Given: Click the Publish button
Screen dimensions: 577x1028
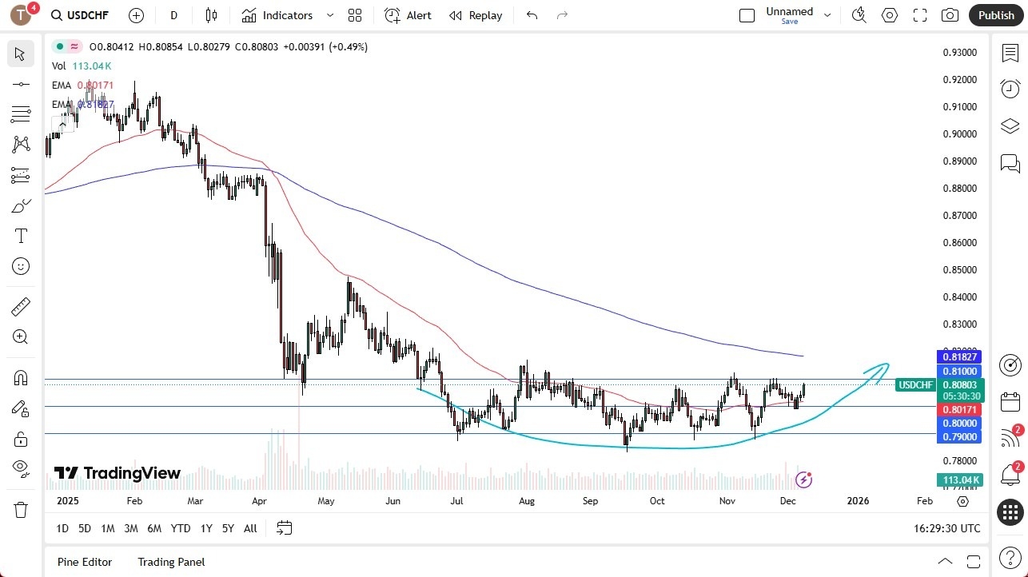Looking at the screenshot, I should click(x=995, y=15).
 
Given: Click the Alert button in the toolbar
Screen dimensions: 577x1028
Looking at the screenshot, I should click(x=408, y=15).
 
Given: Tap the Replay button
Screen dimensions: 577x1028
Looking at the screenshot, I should click(x=476, y=15).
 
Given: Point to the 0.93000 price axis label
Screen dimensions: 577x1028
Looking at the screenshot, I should click(x=960, y=53).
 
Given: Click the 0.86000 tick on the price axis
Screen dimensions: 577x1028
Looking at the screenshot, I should click(x=960, y=243).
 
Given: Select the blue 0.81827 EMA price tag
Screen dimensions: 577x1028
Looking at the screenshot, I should click(x=958, y=356).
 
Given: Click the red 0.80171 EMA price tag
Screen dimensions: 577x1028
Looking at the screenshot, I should click(x=958, y=409).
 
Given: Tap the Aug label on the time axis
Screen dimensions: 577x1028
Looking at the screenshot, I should click(x=526, y=501).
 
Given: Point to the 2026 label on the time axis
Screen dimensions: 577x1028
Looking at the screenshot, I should click(x=858, y=501).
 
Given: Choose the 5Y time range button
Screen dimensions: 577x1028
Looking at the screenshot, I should click(x=228, y=528).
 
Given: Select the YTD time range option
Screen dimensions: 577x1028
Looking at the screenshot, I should click(x=181, y=528).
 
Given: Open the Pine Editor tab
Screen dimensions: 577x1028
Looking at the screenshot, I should click(x=85, y=562).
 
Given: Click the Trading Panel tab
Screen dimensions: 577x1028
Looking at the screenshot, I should click(x=171, y=562).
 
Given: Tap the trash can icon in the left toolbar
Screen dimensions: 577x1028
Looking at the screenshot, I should click(x=21, y=510).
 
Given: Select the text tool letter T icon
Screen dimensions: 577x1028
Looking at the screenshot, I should click(x=21, y=236).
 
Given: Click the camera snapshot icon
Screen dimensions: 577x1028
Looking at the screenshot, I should click(x=950, y=15).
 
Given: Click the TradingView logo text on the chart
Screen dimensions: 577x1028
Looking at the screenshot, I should click(x=132, y=474).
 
